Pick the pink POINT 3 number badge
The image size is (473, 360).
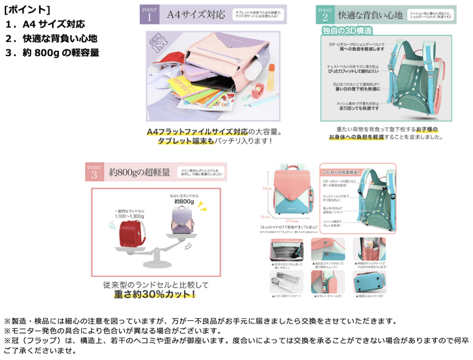pyautogui.click(x=95, y=173)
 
